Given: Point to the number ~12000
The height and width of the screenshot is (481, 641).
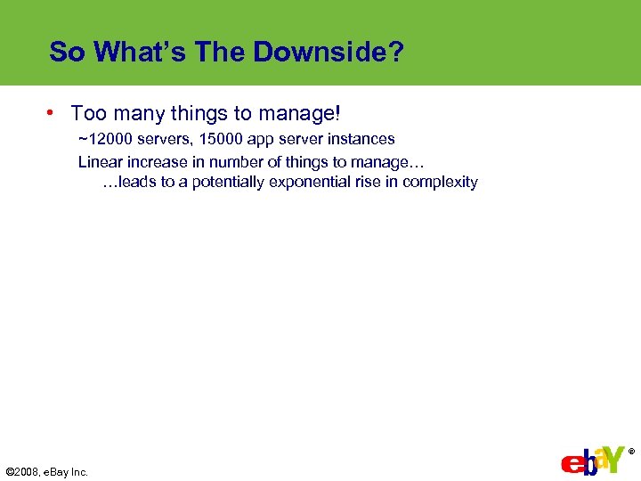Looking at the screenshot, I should [106, 139].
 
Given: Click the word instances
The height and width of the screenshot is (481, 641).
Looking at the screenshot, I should [362, 139].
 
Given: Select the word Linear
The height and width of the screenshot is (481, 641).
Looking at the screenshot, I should [100, 161].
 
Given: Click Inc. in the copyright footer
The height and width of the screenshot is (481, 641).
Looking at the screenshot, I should [78, 472].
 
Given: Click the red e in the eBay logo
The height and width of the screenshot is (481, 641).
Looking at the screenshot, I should [571, 463].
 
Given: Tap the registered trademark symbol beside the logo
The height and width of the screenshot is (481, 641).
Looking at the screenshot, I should [631, 452].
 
